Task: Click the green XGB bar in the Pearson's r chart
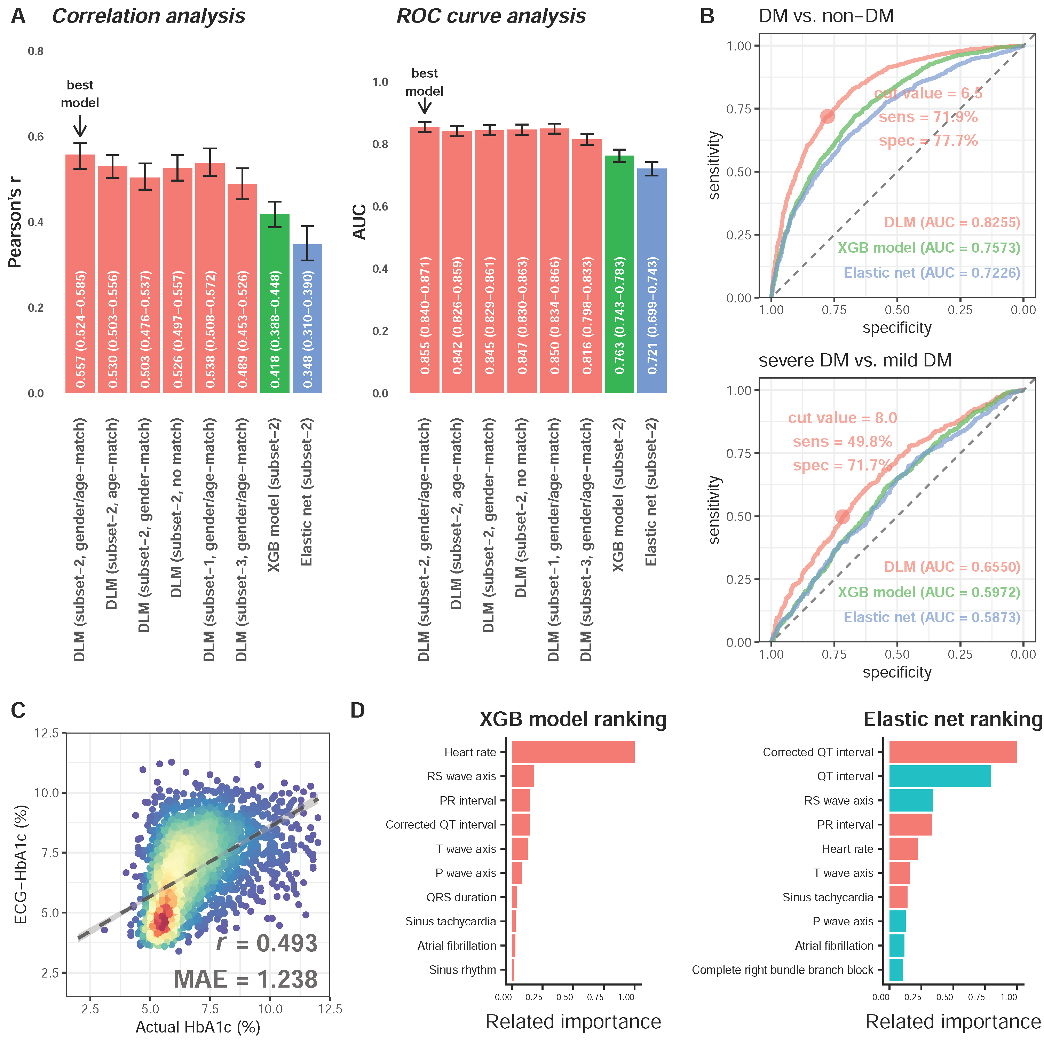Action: (275, 303)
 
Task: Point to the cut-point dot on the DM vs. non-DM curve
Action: (827, 116)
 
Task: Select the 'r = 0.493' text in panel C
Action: (267, 943)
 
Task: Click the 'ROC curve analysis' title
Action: (491, 16)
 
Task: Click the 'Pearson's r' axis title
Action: (15, 222)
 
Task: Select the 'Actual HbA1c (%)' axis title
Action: (198, 1026)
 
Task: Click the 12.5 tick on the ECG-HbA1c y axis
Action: (47, 733)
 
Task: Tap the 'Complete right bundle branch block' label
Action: (782, 970)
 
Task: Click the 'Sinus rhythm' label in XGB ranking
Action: (462, 970)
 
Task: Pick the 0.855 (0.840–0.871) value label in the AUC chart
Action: (425, 315)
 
